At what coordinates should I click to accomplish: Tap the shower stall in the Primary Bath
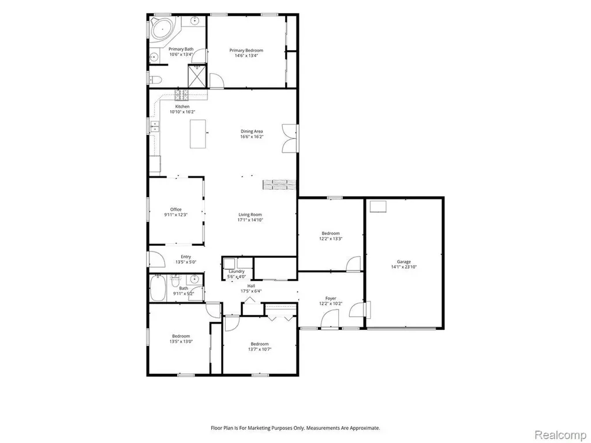click(197, 76)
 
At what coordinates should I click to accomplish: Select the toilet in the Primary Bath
click(155, 80)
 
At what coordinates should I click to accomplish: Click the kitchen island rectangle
click(198, 134)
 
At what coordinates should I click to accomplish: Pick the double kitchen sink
click(155, 126)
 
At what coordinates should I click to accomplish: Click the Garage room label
click(403, 261)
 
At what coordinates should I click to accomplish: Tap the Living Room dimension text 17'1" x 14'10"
click(250, 220)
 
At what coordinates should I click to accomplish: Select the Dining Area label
click(252, 132)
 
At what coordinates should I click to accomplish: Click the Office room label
click(175, 209)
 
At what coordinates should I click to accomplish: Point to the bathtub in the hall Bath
click(158, 288)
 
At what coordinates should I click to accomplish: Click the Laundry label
click(236, 271)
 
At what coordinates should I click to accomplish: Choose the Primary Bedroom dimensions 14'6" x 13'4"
click(246, 55)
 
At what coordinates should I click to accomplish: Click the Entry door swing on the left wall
click(157, 259)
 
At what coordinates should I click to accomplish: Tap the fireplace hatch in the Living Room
click(279, 185)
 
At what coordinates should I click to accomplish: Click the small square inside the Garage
click(379, 207)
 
